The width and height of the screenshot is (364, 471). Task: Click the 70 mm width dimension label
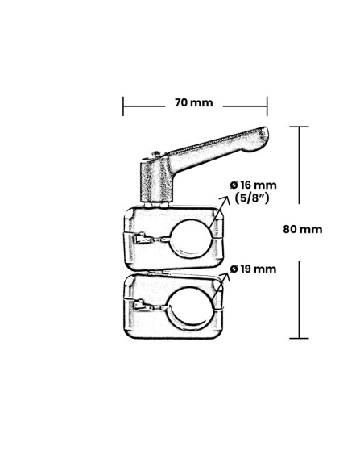coord(193,102)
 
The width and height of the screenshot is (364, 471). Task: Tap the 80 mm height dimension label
coord(303,229)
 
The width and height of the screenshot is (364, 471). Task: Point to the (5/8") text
coord(253,198)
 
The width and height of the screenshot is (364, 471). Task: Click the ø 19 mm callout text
coord(253,269)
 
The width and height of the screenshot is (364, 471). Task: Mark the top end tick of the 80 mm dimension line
coord(300,127)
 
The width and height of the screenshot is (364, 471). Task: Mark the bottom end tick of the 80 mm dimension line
coord(300,338)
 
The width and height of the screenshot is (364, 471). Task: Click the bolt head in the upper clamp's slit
coord(144,238)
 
